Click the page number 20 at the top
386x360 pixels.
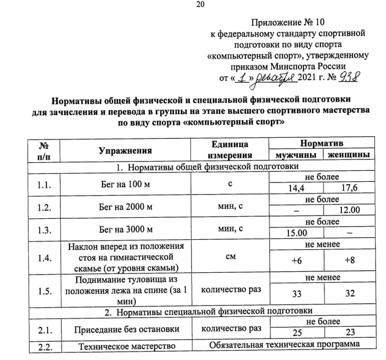(x=200, y=5)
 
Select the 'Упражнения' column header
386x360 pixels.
(x=125, y=150)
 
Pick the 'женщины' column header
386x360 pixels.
(x=349, y=155)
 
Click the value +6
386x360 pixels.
(x=296, y=261)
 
